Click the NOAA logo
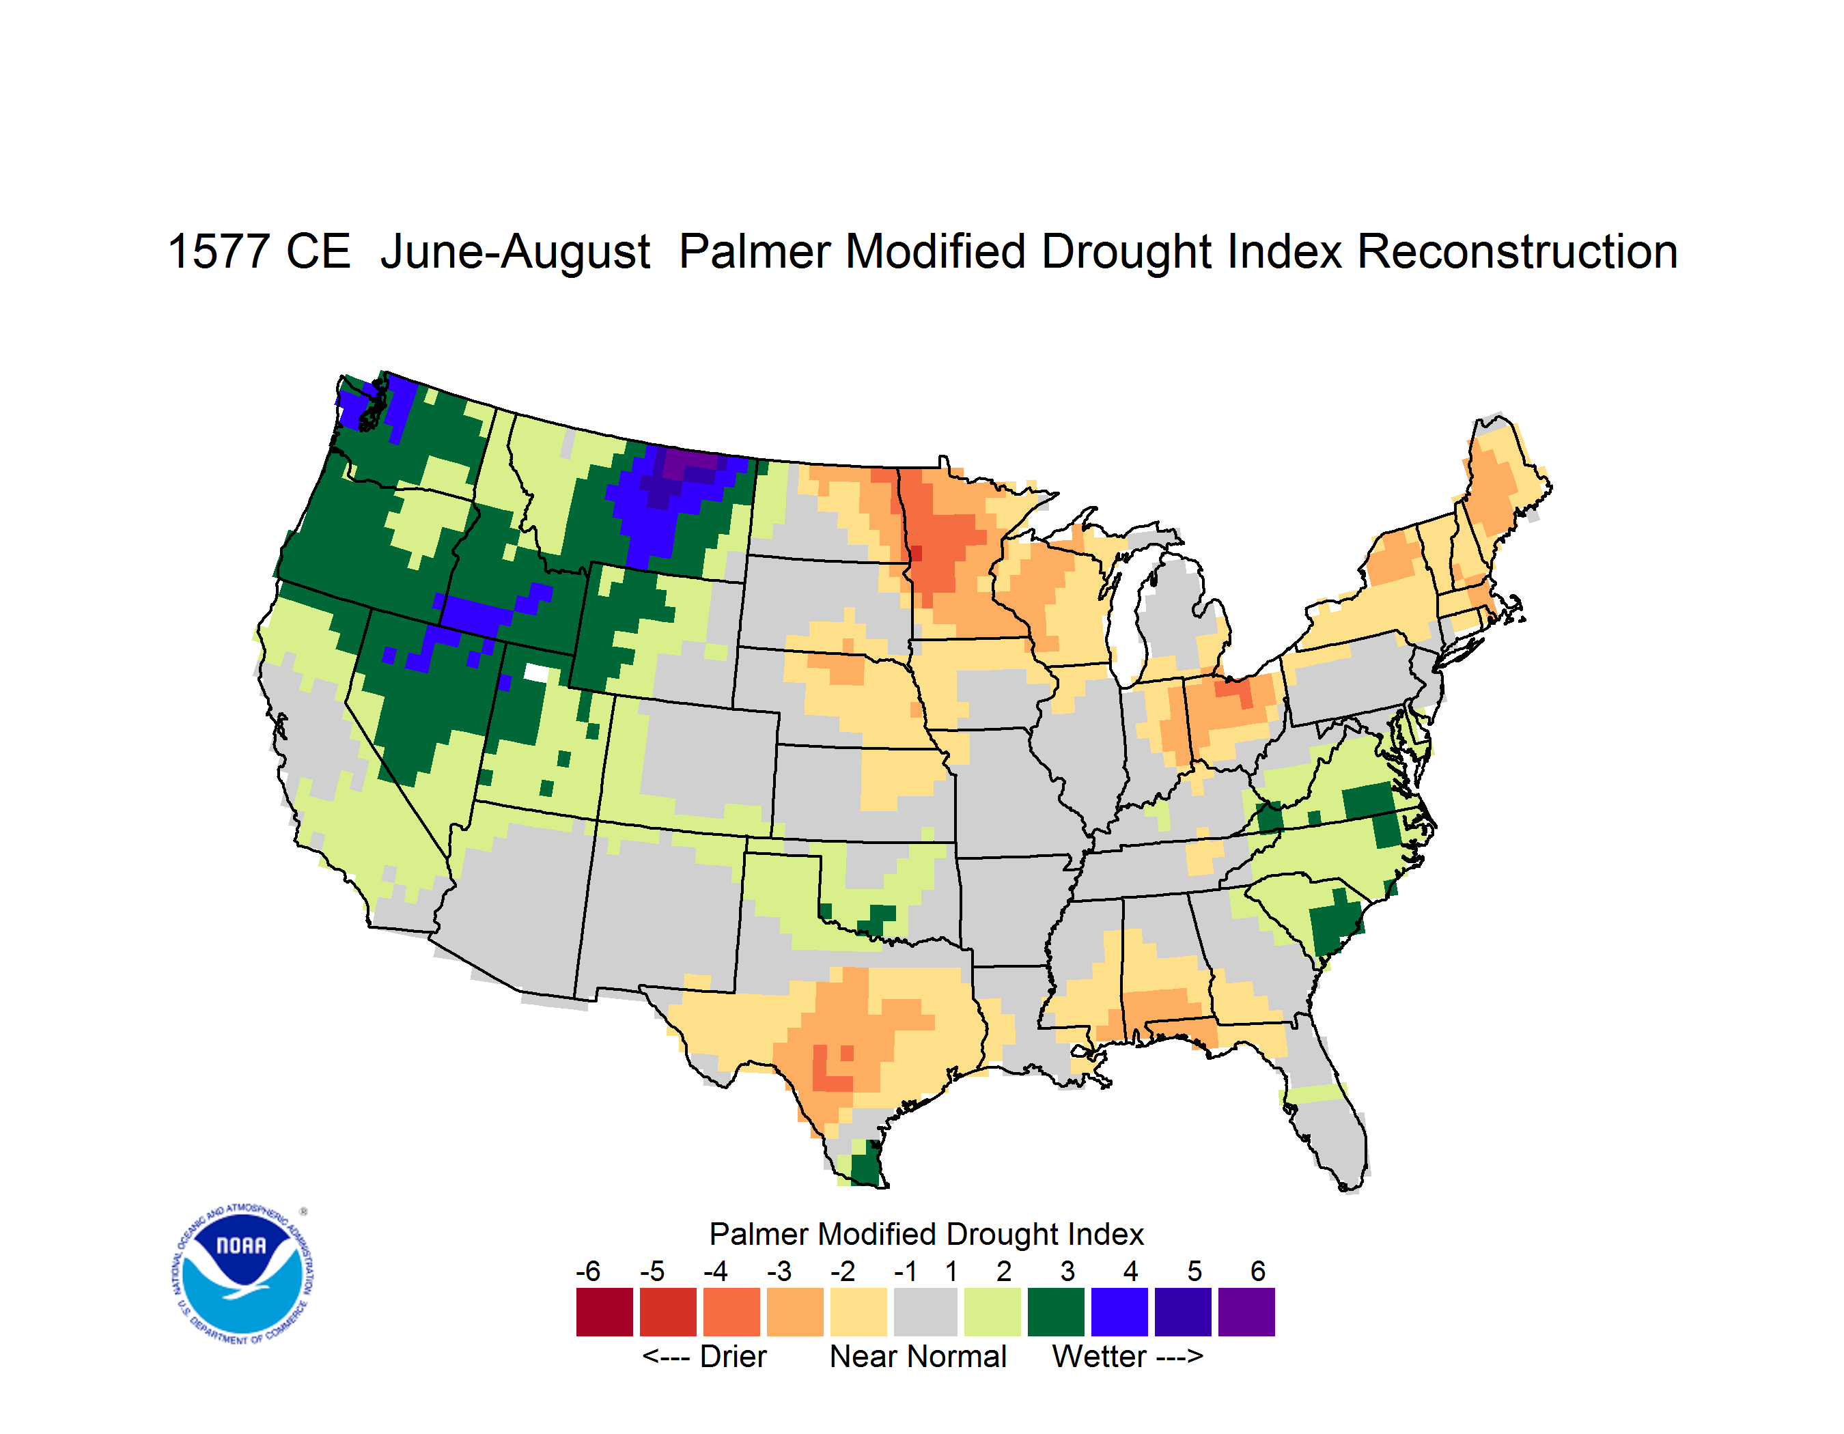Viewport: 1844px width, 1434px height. [242, 1274]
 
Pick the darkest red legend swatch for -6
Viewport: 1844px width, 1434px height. [604, 1312]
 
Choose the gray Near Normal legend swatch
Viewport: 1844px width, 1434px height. [925, 1312]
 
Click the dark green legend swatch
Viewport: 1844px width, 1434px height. [1055, 1312]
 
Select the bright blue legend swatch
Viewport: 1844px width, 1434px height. [1119, 1312]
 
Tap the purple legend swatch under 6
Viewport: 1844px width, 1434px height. [1246, 1312]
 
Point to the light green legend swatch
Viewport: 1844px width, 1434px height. [992, 1312]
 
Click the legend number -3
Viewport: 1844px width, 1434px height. [779, 1271]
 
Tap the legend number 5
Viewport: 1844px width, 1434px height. [1195, 1271]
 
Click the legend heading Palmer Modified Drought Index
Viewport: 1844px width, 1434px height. [926, 1234]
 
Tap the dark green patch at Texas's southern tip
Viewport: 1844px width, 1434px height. [866, 1165]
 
